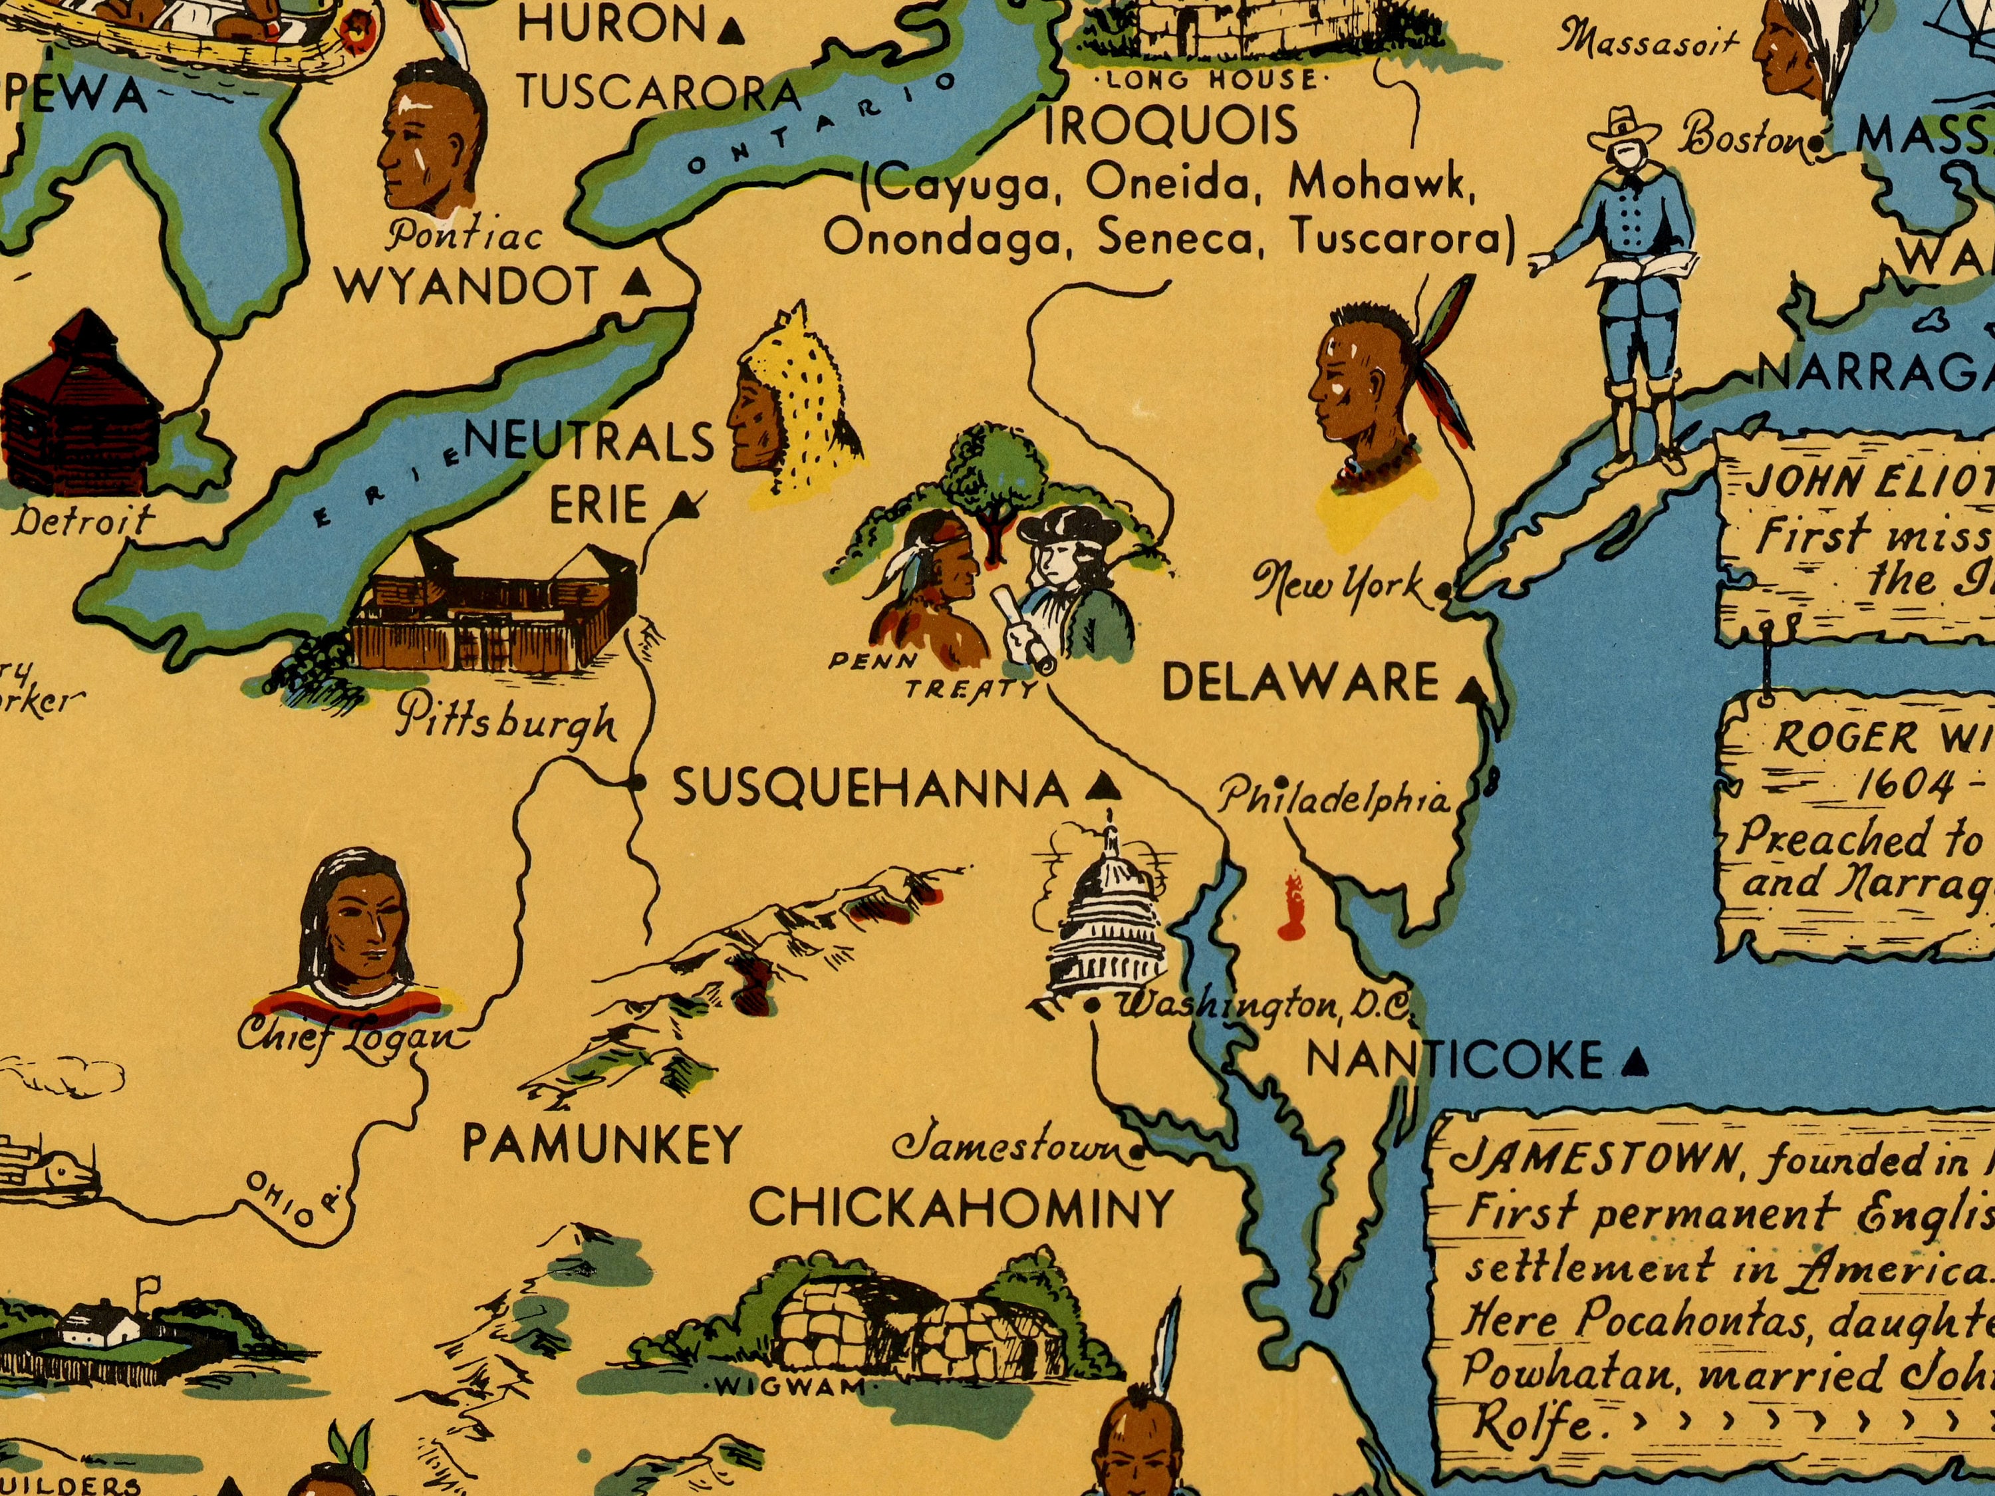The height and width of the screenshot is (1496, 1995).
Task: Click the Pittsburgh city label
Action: pos(508,719)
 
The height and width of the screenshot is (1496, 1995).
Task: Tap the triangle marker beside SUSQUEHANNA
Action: pos(1101,789)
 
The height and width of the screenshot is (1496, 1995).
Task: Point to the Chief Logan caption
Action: pos(352,1035)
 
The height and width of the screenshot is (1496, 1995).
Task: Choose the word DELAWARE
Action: pos(1299,683)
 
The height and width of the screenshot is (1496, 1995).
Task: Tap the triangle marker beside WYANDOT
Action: pos(638,283)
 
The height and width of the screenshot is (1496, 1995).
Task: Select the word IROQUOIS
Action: pos(1170,127)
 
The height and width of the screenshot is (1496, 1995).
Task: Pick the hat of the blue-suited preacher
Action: pos(1623,126)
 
